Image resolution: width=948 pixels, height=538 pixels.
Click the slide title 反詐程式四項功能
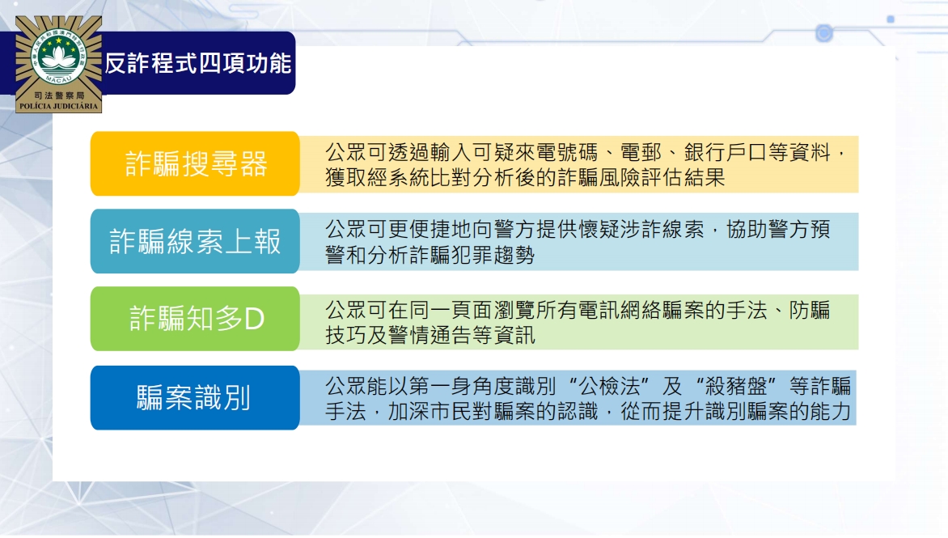[x=198, y=63]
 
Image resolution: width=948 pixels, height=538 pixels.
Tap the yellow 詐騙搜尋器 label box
[x=195, y=163]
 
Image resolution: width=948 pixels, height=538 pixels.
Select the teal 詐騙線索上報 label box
[x=195, y=241]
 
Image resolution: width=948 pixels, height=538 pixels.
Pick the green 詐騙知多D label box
[x=195, y=319]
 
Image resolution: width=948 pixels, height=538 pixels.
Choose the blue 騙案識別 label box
[x=195, y=398]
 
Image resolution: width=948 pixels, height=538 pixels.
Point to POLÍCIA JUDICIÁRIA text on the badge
[x=59, y=107]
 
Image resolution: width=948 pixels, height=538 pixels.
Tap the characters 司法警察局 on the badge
[x=59, y=95]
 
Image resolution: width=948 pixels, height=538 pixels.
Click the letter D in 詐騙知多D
[x=255, y=319]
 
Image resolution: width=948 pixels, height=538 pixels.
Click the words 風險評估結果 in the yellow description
[x=662, y=178]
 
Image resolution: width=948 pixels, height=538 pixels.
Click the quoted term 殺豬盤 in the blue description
[x=736, y=386]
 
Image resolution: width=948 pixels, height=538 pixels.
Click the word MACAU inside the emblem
[x=59, y=78]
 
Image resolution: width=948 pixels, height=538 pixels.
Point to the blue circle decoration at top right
[x=824, y=32]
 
